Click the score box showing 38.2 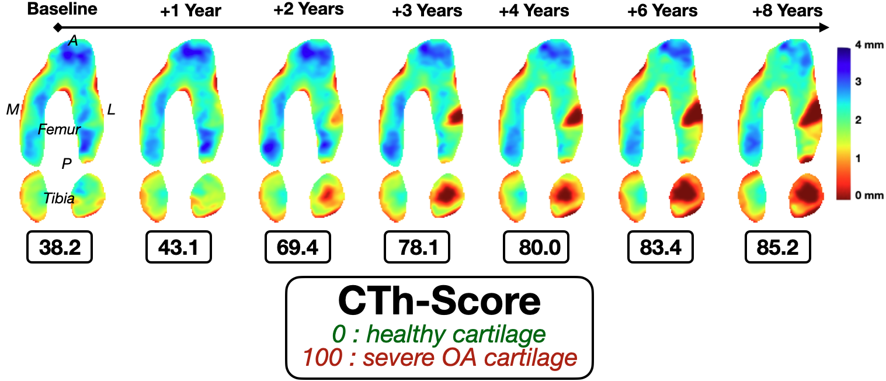point(60,247)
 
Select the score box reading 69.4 point(297,247)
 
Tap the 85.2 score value point(777,247)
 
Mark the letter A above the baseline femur point(73,40)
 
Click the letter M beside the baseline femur point(12,109)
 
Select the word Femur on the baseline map point(59,129)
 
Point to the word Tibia point(59,199)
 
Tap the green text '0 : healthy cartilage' point(439,335)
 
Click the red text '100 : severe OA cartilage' point(439,357)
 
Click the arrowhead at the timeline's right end point(824,27)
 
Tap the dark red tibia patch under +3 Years point(448,191)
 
